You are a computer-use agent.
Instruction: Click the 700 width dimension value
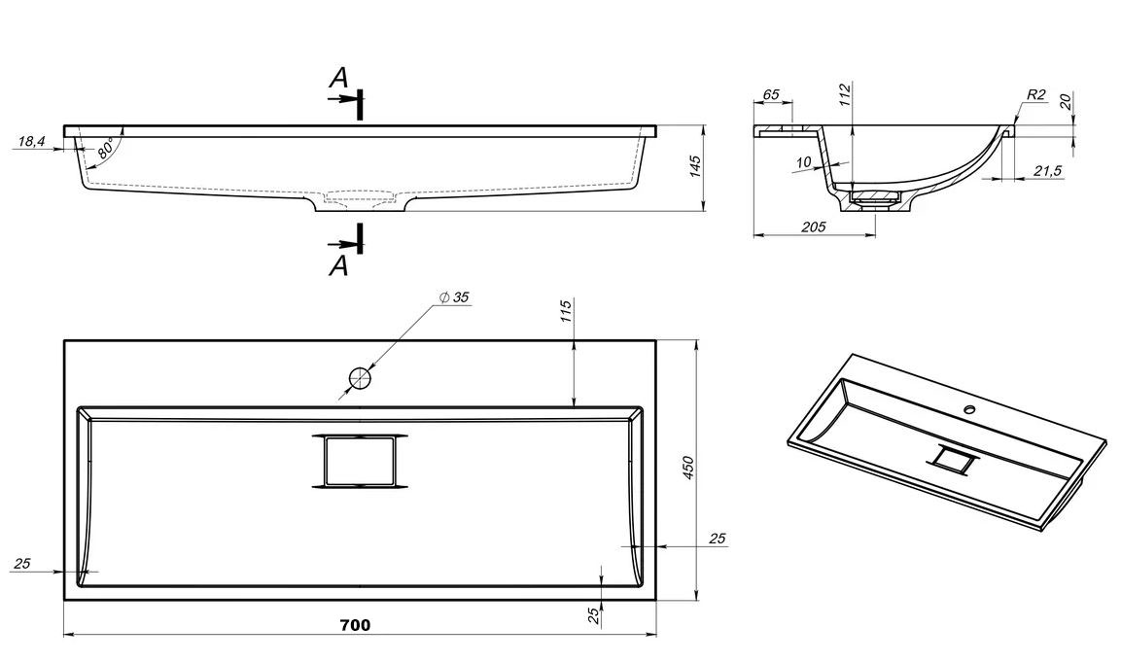point(356,625)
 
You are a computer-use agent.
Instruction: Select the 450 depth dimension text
point(688,469)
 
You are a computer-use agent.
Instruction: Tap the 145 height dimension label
point(694,166)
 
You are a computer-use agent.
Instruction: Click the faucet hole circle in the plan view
point(360,377)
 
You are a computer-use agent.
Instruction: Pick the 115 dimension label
point(566,312)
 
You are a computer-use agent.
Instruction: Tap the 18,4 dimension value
point(31,142)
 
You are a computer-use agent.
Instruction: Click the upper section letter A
point(337,79)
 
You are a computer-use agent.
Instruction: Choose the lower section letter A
point(338,264)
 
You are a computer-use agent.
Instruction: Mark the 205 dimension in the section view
point(813,226)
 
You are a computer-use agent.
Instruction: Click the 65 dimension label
point(771,94)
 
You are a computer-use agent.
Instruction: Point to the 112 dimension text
point(845,94)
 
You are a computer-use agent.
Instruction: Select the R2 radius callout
point(1035,94)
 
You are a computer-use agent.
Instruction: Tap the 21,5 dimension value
point(1047,170)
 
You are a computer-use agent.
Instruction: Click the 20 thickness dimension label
point(1066,102)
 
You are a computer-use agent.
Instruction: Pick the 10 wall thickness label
point(803,161)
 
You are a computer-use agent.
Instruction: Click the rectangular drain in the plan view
point(360,460)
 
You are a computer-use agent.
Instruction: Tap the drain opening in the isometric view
point(955,460)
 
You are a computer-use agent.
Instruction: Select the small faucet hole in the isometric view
point(969,409)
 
